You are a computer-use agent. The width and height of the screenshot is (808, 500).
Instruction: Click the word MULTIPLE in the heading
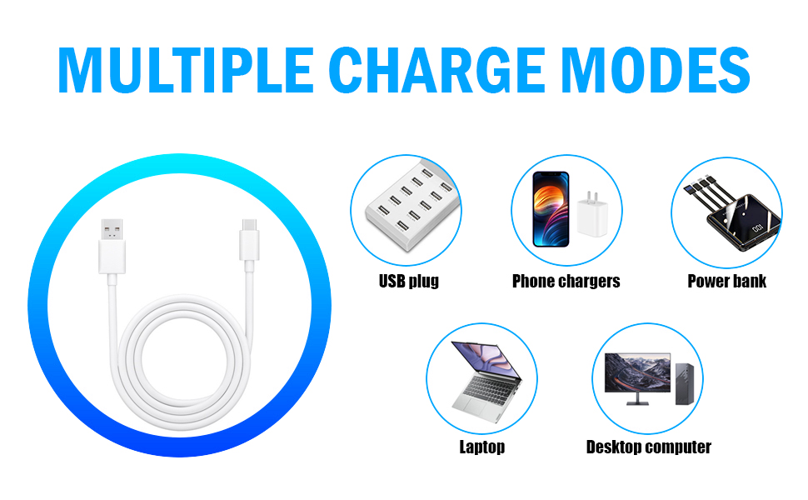click(x=186, y=70)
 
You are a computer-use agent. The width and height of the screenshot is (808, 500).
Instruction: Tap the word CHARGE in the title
click(x=437, y=70)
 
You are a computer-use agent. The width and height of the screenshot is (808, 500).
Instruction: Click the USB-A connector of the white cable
click(x=112, y=247)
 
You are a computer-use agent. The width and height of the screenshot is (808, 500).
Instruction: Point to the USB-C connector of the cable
click(x=249, y=240)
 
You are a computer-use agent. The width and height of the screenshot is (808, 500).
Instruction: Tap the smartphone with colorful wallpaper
click(x=551, y=209)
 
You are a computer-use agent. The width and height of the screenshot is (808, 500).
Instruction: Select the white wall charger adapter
click(x=592, y=214)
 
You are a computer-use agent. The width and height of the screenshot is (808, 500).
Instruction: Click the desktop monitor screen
click(x=637, y=372)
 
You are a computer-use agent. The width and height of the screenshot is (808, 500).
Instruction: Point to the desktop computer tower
click(x=685, y=383)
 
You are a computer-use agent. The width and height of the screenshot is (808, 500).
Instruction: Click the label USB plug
click(x=409, y=281)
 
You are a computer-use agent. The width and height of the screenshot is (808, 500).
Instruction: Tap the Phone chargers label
click(x=566, y=281)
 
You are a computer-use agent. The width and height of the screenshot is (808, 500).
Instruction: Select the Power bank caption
click(x=726, y=281)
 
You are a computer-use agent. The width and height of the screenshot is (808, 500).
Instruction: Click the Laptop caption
click(x=481, y=447)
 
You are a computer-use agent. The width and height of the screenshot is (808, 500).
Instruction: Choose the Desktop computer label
click(x=648, y=447)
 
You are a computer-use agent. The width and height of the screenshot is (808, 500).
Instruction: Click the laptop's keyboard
click(x=488, y=388)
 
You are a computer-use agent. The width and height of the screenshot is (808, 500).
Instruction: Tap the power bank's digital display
click(x=757, y=227)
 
